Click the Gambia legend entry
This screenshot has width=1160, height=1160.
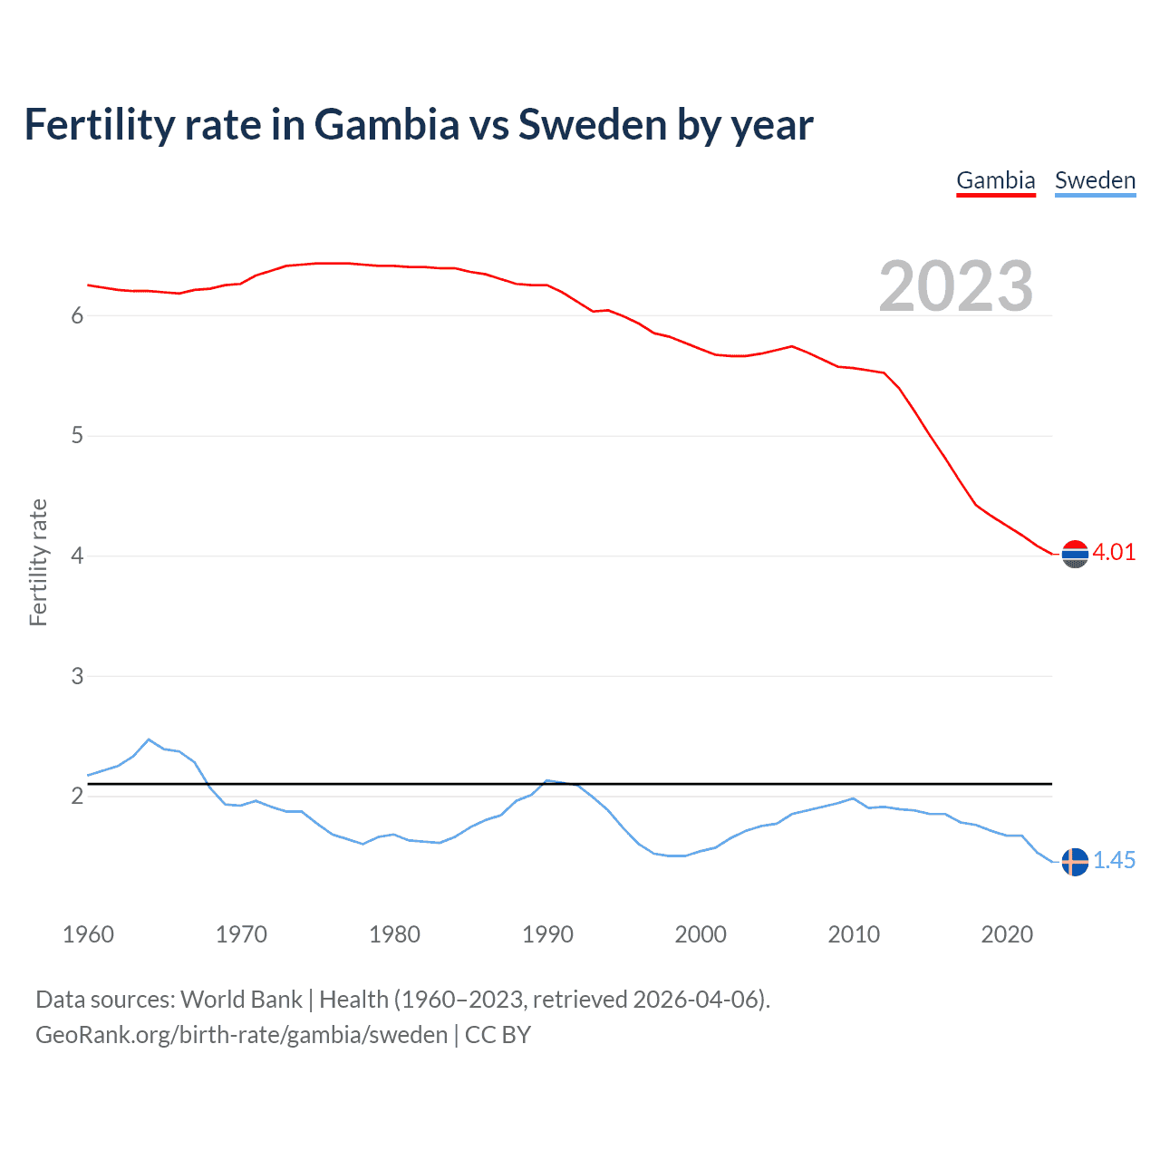click(x=995, y=180)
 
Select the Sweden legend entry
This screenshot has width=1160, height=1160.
click(x=1095, y=180)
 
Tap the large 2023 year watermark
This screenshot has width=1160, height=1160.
click(x=956, y=286)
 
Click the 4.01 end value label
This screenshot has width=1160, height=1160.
click(x=1114, y=553)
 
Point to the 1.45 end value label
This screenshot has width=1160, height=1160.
click(x=1114, y=861)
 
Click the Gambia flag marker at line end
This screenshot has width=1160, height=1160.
click(x=1075, y=554)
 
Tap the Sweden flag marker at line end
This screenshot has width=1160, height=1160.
click(x=1075, y=862)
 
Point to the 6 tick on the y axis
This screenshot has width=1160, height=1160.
click(x=77, y=315)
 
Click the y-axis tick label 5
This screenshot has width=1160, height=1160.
click(x=77, y=436)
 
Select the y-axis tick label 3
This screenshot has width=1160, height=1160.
click(x=77, y=676)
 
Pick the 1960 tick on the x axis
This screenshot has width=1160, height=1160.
click(x=88, y=934)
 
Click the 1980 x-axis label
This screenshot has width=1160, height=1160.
click(x=394, y=934)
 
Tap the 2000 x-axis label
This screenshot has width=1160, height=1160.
click(x=701, y=934)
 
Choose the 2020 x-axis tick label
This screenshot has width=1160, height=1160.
click(x=1007, y=934)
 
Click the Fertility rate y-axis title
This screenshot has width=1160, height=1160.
click(x=38, y=562)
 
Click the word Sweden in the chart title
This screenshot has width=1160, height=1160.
click(x=592, y=125)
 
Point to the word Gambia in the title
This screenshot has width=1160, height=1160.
click(x=387, y=125)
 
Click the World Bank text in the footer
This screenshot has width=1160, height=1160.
click(x=241, y=1000)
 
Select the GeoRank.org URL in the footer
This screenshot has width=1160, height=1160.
click(x=241, y=1035)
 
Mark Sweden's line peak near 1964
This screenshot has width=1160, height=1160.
click(x=150, y=739)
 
